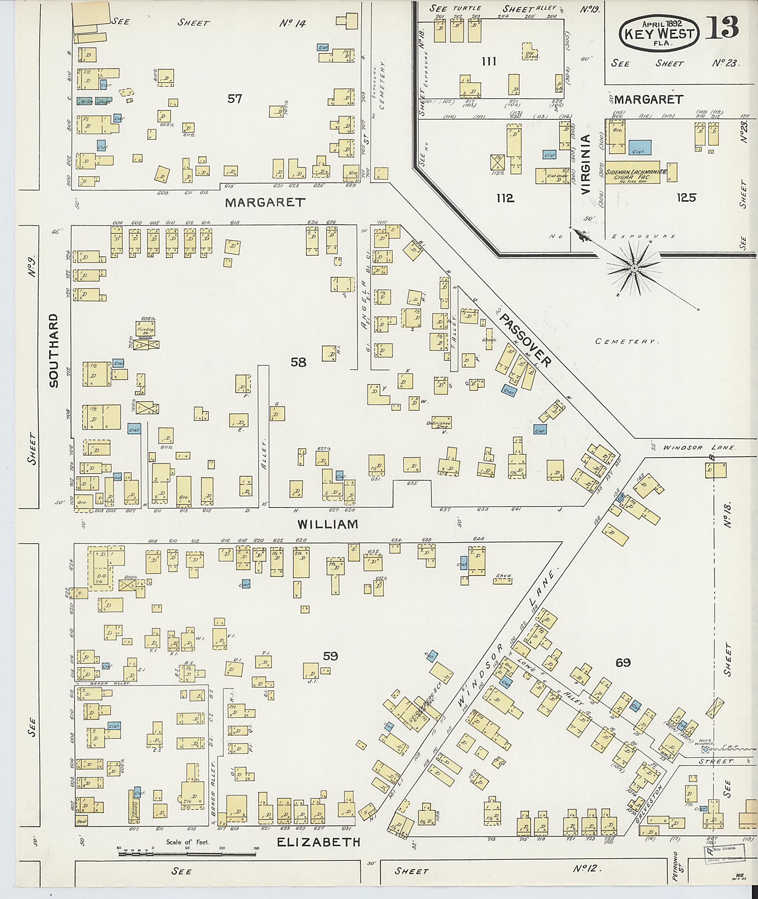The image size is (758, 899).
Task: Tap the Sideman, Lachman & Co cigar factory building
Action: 632,173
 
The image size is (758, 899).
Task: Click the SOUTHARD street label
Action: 54,350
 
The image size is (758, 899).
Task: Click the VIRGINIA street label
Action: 587,165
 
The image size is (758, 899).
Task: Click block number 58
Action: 298,362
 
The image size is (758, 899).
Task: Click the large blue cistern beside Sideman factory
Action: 640,147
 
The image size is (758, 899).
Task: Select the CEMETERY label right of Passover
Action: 627,342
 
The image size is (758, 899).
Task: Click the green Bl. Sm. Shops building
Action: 94,101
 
